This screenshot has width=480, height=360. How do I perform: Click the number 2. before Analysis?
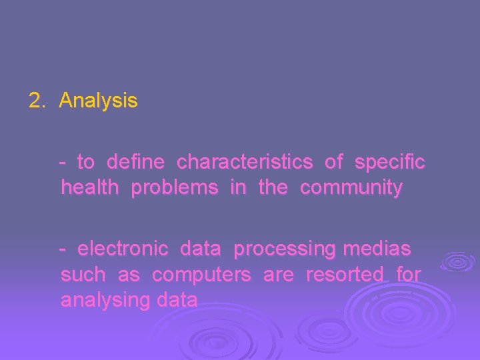pyautogui.click(x=37, y=101)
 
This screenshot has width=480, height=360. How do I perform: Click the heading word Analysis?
pyautogui.click(x=98, y=101)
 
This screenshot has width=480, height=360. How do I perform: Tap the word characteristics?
pyautogui.click(x=245, y=162)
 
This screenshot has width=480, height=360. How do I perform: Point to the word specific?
pyautogui.click(x=390, y=162)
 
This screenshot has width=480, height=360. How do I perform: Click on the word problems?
pyautogui.click(x=175, y=188)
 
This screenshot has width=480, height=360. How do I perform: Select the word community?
pyautogui.click(x=351, y=188)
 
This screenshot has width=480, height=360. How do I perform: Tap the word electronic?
pyautogui.click(x=123, y=249)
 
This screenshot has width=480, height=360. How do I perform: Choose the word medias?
pyautogui.click(x=377, y=249)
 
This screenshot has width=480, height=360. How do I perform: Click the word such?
pyautogui.click(x=83, y=275)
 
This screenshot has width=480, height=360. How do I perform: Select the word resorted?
pyautogui.click(x=345, y=275)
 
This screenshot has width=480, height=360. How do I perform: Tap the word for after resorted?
pyautogui.click(x=409, y=275)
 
